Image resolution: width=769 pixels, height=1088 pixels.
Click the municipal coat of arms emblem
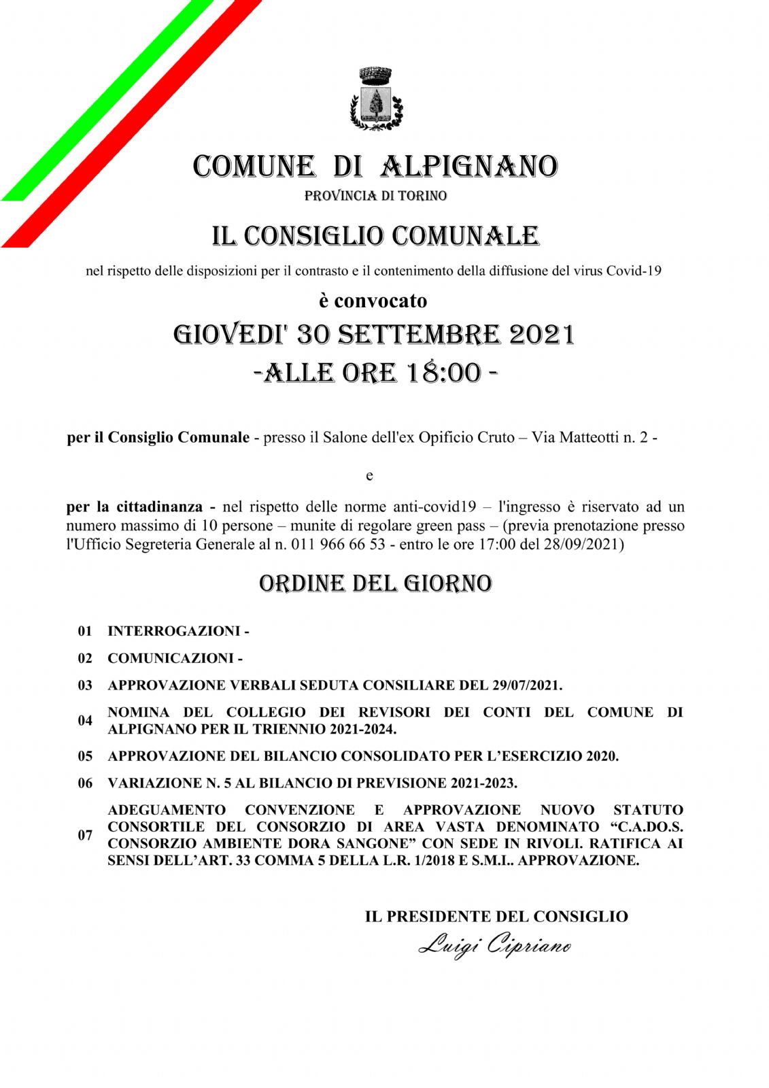tap(375, 98)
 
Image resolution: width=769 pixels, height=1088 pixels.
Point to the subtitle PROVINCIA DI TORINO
tap(375, 196)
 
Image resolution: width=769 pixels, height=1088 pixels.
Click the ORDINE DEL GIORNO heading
tap(375, 583)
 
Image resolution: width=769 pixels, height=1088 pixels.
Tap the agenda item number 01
tap(85, 631)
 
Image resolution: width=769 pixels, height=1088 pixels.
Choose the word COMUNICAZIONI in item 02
tap(170, 658)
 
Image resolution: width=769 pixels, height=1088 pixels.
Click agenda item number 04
tap(85, 721)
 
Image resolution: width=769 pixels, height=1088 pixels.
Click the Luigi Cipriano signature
tap(494, 946)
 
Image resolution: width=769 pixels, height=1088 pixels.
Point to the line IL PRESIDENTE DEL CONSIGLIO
tap(496, 917)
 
